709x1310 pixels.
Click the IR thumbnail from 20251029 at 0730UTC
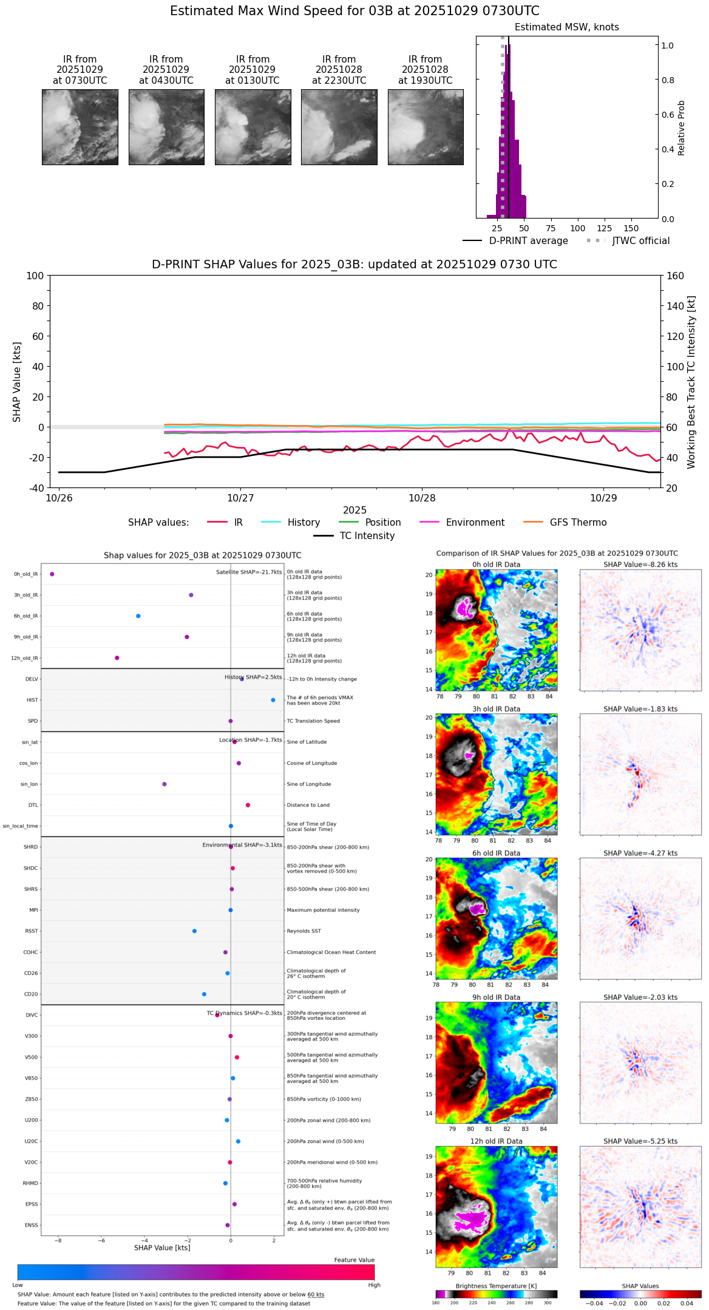80,127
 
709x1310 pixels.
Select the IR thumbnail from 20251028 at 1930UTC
426,127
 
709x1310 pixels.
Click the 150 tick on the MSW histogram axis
631,228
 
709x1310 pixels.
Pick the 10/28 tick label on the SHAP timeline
422,498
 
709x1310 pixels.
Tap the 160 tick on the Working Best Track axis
676,276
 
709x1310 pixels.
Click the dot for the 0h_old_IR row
52,574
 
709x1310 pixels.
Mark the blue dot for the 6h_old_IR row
138,616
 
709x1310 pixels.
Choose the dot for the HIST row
273,700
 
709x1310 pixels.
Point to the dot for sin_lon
165,784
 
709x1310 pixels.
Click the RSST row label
31,931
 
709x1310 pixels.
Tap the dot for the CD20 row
204,994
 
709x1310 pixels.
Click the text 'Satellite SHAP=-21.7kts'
249,572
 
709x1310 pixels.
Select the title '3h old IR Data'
496,708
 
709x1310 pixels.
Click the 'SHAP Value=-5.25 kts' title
640,1141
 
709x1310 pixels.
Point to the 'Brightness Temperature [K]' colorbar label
496,1286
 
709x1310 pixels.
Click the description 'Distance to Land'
309,805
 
